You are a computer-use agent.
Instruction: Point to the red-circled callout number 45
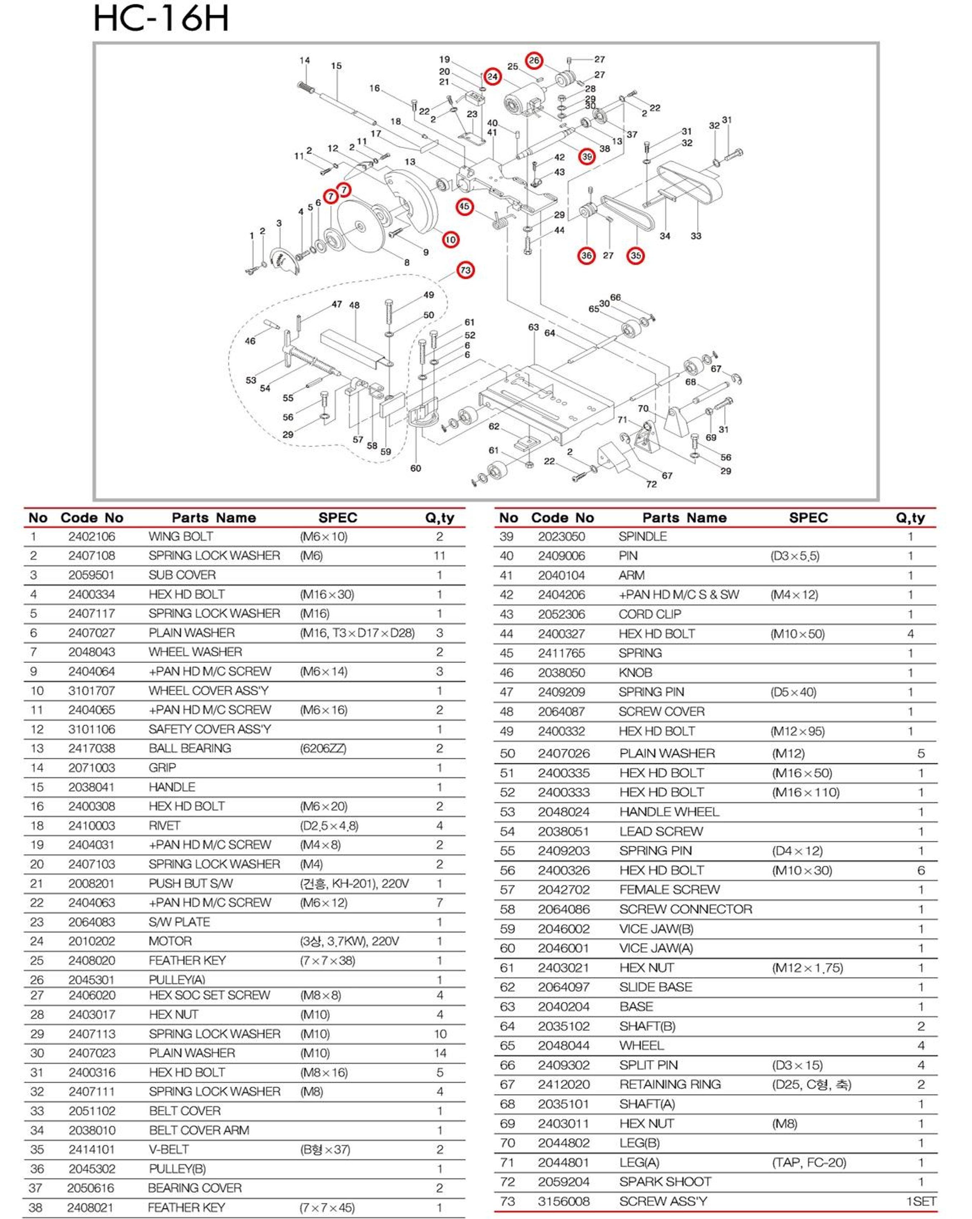click(464, 207)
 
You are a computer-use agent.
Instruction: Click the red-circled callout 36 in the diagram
click(587, 256)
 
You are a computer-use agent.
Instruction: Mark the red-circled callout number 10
click(451, 240)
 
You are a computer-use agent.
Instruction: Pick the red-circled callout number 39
click(587, 157)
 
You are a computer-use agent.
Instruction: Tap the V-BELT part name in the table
click(168, 1149)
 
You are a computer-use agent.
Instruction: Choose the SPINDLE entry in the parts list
click(643, 537)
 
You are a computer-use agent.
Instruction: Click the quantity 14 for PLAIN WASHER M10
click(440, 1053)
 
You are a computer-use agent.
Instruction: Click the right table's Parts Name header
click(684, 518)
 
